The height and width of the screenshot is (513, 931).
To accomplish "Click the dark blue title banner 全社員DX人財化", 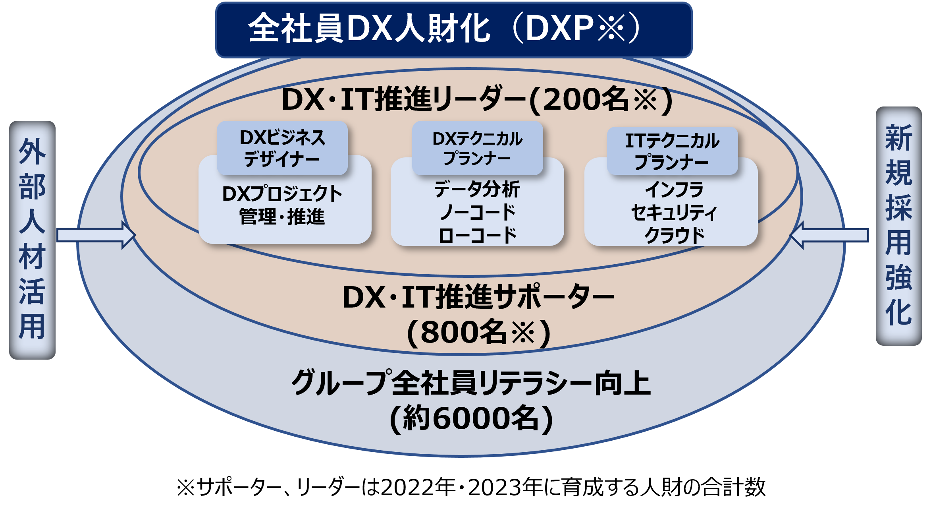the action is [453, 29].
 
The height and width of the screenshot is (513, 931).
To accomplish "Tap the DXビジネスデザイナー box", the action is [282, 148].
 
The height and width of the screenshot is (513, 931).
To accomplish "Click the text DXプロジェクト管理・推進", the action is [282, 205].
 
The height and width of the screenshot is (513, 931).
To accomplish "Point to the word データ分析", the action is [477, 189].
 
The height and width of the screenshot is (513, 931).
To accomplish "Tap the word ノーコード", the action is [477, 212].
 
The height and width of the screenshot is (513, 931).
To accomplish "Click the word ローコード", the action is [477, 235].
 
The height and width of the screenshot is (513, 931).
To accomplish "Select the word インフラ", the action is [674, 190].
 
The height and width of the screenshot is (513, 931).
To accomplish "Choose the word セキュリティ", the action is [674, 213].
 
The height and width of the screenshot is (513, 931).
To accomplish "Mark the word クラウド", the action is [674, 235].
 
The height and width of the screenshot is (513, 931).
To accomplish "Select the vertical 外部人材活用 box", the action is [32, 240].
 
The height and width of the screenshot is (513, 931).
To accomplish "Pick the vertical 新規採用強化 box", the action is [898, 226].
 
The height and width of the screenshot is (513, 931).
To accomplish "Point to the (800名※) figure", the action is [478, 332].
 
